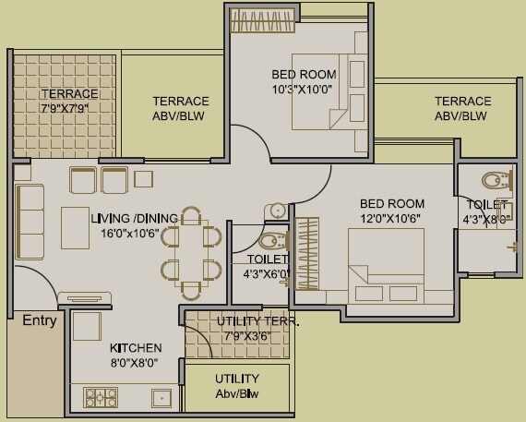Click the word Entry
[x=39, y=321]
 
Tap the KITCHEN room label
[x=136, y=348]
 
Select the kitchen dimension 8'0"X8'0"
[x=136, y=363]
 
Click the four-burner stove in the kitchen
[x=101, y=397]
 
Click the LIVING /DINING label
[x=135, y=219]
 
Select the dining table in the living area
[x=191, y=251]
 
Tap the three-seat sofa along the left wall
[x=30, y=222]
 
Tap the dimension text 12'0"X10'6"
[x=391, y=219]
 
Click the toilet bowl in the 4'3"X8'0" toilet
[x=496, y=179]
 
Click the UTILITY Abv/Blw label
[x=237, y=386]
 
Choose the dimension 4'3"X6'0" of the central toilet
[x=267, y=273]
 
